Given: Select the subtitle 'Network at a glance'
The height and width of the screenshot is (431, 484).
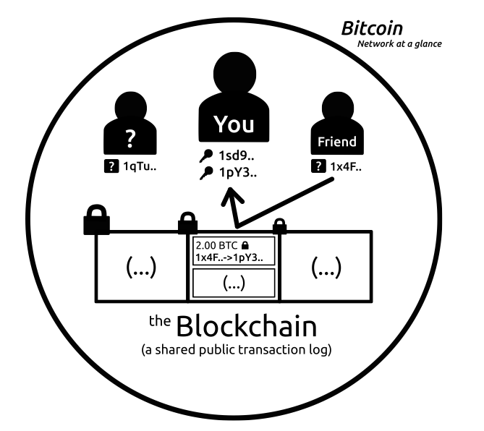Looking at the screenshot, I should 399,43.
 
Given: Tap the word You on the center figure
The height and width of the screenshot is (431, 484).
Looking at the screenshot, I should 234,124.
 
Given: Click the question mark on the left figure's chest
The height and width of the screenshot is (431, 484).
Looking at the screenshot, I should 131,136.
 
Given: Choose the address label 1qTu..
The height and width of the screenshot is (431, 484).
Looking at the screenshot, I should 140,168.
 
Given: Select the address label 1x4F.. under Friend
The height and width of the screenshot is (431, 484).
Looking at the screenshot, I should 347,167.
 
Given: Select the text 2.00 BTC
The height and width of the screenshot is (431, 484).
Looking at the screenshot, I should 215,246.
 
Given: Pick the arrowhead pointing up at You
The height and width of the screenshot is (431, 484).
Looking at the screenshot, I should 233,197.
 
